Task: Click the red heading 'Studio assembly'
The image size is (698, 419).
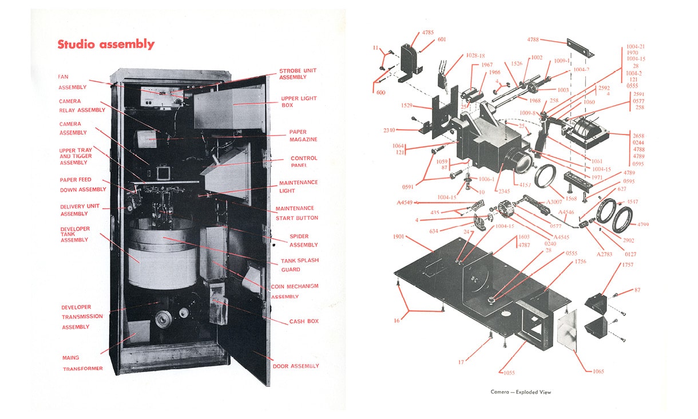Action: tap(106, 45)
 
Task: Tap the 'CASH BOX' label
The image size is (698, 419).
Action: tap(304, 322)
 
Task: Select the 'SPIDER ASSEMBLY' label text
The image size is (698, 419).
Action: tap(303, 240)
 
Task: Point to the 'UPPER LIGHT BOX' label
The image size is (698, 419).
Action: tap(299, 102)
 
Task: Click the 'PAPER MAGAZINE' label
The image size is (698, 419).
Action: tap(303, 136)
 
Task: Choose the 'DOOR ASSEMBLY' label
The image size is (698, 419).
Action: tap(296, 366)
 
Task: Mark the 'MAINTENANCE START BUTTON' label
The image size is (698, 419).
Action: tap(296, 213)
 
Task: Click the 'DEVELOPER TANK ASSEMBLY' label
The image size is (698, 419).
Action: tap(75, 234)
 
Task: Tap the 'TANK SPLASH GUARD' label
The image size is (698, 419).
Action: tap(300, 265)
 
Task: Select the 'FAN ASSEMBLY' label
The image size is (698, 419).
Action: tap(72, 82)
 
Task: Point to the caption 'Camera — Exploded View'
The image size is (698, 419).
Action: tap(521, 392)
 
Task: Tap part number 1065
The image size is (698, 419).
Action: tap(598, 371)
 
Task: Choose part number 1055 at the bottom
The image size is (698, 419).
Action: tap(509, 373)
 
